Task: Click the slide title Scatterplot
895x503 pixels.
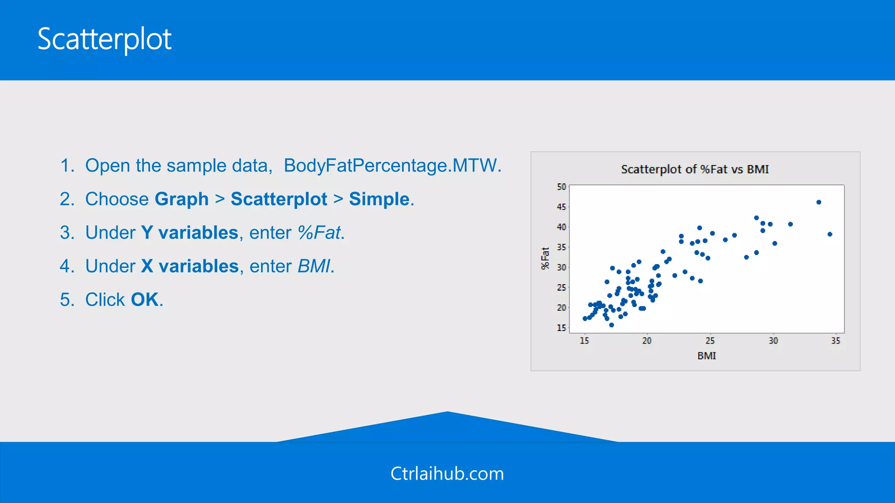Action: pyautogui.click(x=104, y=39)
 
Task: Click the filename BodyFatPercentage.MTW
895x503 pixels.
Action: pyautogui.click(x=392, y=166)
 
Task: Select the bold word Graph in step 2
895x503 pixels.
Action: pyautogui.click(x=181, y=200)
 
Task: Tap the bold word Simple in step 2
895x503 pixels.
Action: pyautogui.click(x=379, y=200)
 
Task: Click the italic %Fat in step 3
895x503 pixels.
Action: pyautogui.click(x=319, y=233)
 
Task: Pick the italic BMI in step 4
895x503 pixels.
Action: pyautogui.click(x=314, y=266)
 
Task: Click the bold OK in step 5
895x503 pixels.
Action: pyautogui.click(x=145, y=300)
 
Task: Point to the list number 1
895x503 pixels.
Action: pyautogui.click(x=67, y=166)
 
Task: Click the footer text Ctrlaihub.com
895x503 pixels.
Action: pyautogui.click(x=447, y=474)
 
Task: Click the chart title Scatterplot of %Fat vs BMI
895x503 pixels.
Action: pyautogui.click(x=695, y=169)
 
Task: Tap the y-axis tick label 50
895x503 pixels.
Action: pyautogui.click(x=561, y=187)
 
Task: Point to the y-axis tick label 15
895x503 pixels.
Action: pyautogui.click(x=561, y=328)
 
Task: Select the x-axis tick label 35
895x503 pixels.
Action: pyautogui.click(x=836, y=341)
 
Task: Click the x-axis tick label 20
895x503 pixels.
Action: pyautogui.click(x=647, y=341)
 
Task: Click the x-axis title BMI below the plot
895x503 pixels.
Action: pyautogui.click(x=707, y=356)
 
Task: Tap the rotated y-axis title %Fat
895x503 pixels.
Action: pyautogui.click(x=545, y=258)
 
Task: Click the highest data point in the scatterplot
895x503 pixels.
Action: pyautogui.click(x=819, y=202)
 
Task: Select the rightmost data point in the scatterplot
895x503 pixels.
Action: pyautogui.click(x=830, y=234)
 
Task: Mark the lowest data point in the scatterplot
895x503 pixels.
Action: pyautogui.click(x=611, y=325)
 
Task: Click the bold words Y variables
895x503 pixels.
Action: pyautogui.click(x=190, y=233)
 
